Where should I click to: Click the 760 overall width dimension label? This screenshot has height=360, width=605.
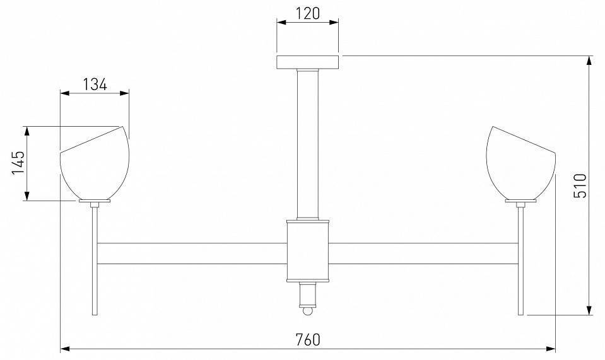pos(308,339)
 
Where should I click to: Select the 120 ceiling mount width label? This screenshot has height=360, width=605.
pos(308,13)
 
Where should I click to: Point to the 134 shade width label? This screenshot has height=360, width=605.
pos(95,84)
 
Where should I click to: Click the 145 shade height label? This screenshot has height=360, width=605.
pos(18,163)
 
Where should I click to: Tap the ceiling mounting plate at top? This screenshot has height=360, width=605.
pos(308,62)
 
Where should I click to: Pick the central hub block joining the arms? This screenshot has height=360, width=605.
pos(308,250)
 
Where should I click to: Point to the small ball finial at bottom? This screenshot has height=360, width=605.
pos(308,311)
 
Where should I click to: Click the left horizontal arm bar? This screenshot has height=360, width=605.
pos(192,252)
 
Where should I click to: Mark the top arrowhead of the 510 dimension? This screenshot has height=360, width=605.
pos(589,61)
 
